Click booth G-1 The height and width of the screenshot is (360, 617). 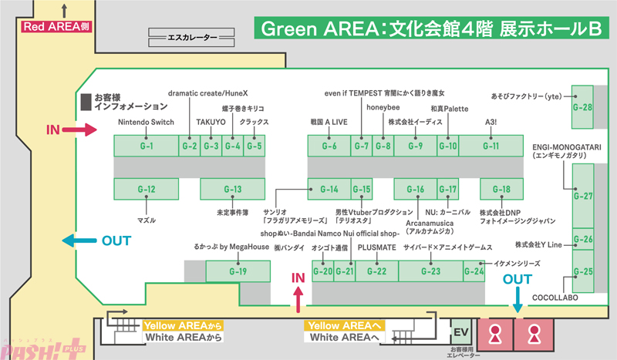(x=146, y=146)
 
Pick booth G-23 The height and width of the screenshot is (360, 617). (x=430, y=271)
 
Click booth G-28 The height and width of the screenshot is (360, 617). (x=582, y=106)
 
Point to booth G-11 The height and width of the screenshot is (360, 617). (x=491, y=146)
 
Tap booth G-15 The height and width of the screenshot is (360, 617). (x=362, y=189)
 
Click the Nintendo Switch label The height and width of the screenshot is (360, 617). (x=146, y=122)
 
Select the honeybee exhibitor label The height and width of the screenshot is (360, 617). (x=383, y=107)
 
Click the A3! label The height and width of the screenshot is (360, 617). (x=491, y=122)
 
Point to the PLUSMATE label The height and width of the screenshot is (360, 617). (x=376, y=247)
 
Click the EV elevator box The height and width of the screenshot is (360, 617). (x=460, y=333)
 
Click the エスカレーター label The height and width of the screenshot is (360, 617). (x=191, y=35)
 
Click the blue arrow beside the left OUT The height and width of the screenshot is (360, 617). (x=79, y=241)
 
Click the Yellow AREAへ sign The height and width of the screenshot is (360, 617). (x=345, y=325)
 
